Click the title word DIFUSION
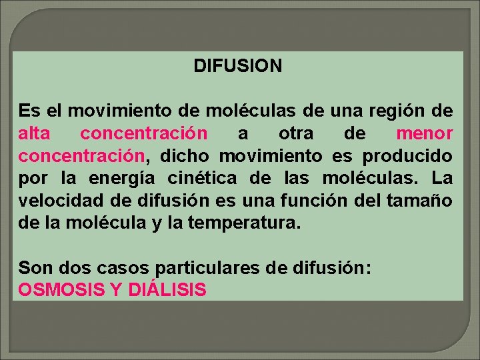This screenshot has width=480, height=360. tap(237, 66)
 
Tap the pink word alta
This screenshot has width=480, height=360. tap(34, 133)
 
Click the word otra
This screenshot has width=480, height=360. tap(296, 133)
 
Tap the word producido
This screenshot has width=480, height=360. tap(407, 156)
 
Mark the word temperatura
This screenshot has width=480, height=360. tap(245, 223)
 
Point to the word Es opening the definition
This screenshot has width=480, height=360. tap(28, 110)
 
